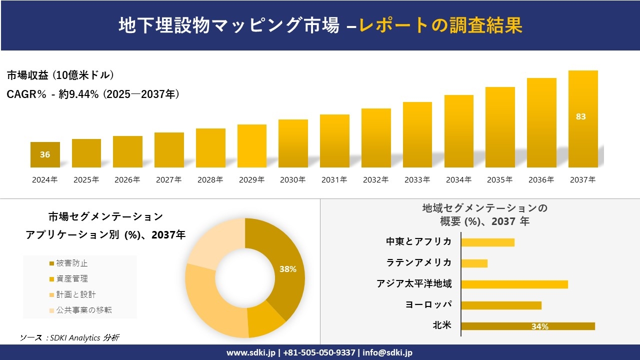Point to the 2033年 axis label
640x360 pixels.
[x=417, y=180]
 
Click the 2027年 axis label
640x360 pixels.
[x=168, y=180]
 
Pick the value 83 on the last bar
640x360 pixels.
[x=580, y=116]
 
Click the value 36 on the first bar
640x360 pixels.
[x=45, y=154]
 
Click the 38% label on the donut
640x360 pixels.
[x=288, y=269]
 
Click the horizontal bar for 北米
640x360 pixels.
[x=528, y=326]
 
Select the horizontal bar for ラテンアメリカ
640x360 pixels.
[x=474, y=263]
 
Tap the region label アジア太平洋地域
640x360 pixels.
[x=414, y=284]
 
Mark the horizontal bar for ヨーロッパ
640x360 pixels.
[x=501, y=305]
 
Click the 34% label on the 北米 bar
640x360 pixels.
[x=540, y=326]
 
